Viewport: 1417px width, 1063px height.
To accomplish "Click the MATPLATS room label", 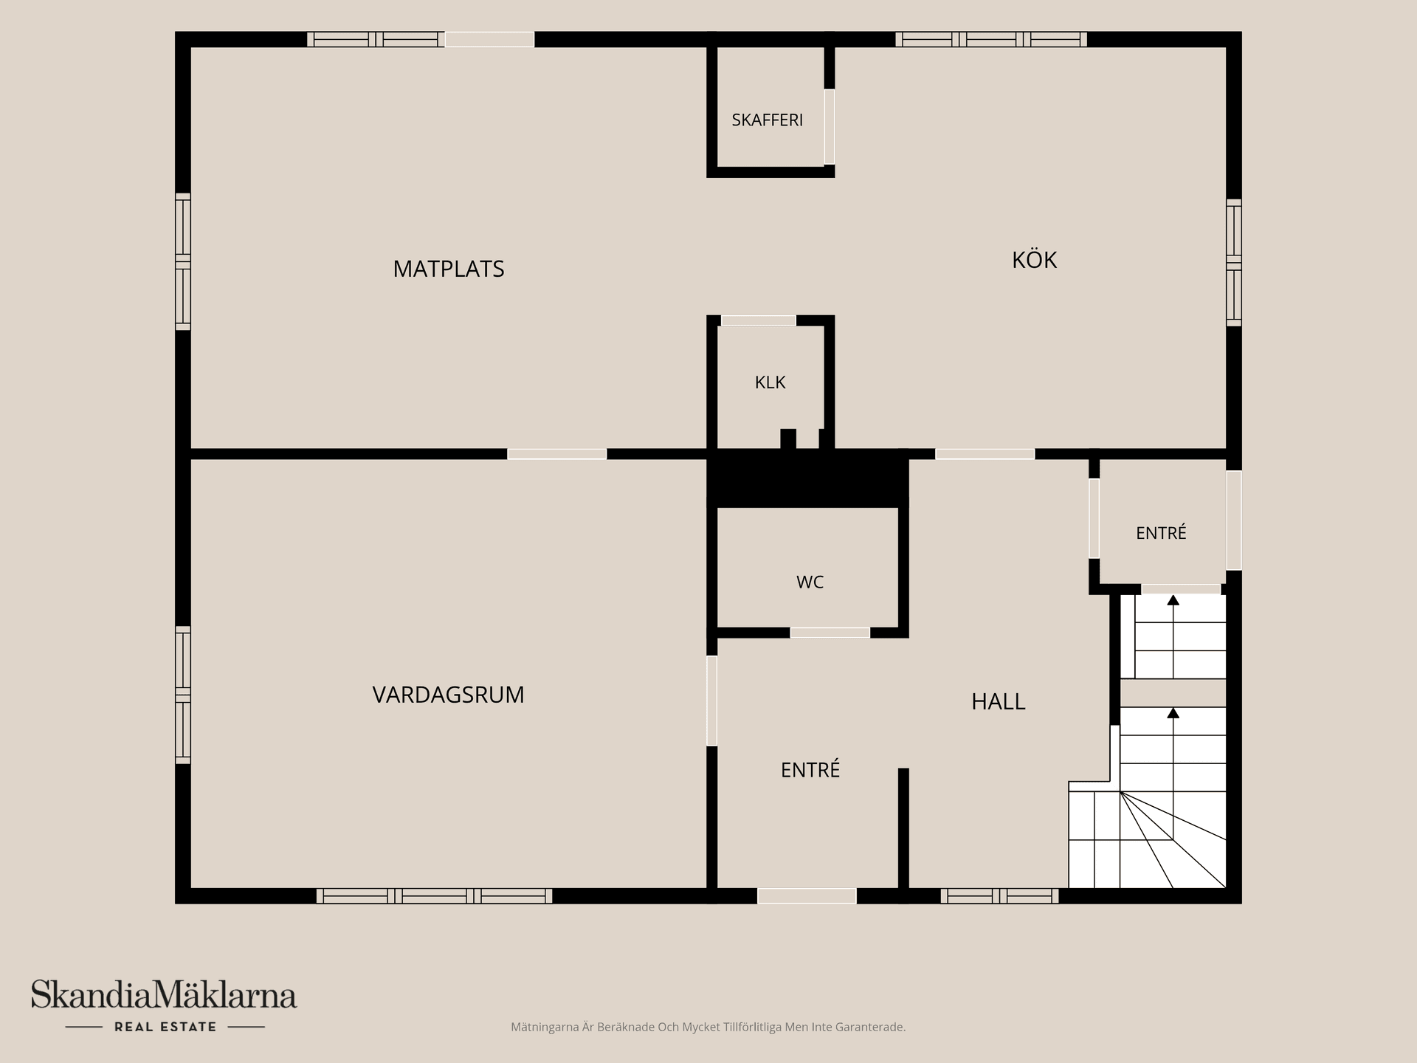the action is coord(449,269).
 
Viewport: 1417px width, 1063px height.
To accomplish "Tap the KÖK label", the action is coord(1034,259).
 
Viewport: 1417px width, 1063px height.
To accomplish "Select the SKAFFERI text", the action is coord(767,120).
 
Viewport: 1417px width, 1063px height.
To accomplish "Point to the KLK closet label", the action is coord(770,382).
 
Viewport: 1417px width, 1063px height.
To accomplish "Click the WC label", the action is coord(810,582).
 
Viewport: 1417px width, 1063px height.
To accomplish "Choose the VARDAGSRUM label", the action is coord(448,695).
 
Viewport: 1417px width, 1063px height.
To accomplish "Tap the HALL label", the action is coord(998,701).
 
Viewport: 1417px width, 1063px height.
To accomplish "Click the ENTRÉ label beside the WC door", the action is coord(810,770).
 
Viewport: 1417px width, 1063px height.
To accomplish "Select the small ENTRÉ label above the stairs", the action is coord(1161,532).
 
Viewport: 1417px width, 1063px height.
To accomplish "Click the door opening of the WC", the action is coord(830,633).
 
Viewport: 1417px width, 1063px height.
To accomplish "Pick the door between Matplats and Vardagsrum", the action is coord(557,454).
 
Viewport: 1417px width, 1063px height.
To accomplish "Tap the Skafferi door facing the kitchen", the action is coord(830,127).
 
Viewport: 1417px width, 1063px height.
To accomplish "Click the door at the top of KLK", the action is coord(759,320).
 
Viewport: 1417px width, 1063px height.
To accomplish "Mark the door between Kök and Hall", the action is coord(985,454).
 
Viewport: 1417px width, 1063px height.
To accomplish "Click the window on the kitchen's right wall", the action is coord(1234,262).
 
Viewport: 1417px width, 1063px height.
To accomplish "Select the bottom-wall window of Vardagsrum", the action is coord(434,896).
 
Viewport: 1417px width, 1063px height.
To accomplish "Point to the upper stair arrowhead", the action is coord(1173,600).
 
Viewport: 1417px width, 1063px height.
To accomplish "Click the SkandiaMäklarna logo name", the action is coord(164,994).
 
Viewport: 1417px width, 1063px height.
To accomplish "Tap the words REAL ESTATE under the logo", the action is coord(165,1027).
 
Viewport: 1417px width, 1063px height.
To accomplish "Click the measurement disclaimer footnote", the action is coord(708,1027).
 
